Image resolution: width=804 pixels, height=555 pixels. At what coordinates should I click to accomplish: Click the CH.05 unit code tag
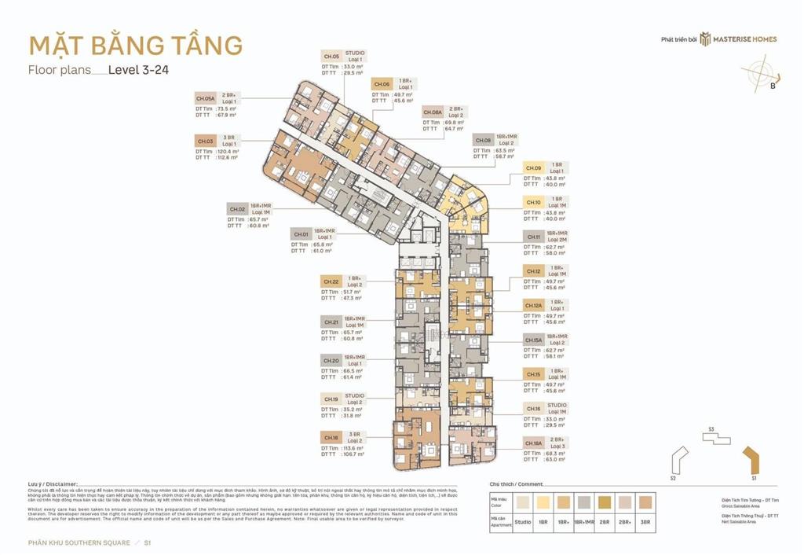[x=331, y=57]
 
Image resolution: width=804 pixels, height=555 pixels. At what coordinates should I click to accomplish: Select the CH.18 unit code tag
[x=331, y=436]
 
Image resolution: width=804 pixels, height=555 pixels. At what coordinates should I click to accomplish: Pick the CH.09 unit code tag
[x=533, y=168]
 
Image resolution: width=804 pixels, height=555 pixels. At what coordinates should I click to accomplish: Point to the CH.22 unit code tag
[x=331, y=281]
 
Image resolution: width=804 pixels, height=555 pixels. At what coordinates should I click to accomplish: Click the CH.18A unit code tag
[x=534, y=444]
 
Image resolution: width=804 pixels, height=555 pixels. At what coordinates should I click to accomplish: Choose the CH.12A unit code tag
[x=534, y=306]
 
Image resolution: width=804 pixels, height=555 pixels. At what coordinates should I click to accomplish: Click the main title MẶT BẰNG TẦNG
[x=135, y=45]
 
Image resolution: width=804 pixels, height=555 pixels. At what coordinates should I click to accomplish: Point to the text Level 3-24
[x=139, y=69]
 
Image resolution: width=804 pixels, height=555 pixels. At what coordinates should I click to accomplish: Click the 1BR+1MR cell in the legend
[x=585, y=521]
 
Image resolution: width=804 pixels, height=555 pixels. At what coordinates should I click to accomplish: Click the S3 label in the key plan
[x=711, y=430]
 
